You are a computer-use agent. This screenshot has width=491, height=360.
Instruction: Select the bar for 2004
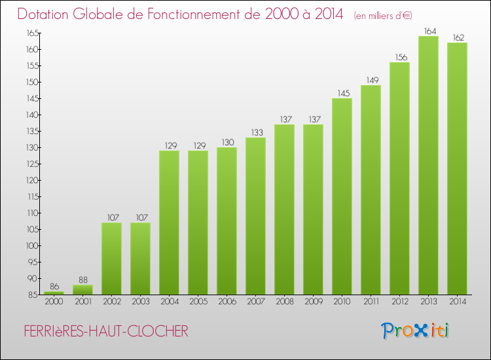tap(169, 223)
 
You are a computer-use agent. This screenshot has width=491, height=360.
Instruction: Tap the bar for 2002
tap(111, 259)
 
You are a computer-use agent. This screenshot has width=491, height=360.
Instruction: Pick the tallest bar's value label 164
tap(428, 31)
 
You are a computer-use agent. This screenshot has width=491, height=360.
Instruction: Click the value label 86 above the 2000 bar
tap(54, 287)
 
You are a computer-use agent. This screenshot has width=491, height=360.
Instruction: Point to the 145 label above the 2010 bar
tap(342, 93)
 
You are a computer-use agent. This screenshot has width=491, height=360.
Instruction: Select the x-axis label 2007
tap(255, 302)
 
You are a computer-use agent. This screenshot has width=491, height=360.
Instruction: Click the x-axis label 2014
tap(457, 302)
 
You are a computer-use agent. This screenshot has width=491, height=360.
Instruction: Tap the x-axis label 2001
tap(82, 302)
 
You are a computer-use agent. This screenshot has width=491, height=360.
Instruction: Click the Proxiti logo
tap(416, 331)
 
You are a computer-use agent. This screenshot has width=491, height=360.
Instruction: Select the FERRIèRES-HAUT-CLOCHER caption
tap(104, 332)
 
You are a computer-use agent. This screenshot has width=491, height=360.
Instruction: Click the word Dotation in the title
tap(45, 14)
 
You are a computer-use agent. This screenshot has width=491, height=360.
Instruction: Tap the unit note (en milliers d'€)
tap(383, 15)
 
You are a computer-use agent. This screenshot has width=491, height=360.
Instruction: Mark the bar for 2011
tap(371, 190)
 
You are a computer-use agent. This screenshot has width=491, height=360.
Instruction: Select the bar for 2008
tap(284, 209)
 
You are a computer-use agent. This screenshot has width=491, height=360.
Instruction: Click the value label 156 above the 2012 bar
tap(399, 57)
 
